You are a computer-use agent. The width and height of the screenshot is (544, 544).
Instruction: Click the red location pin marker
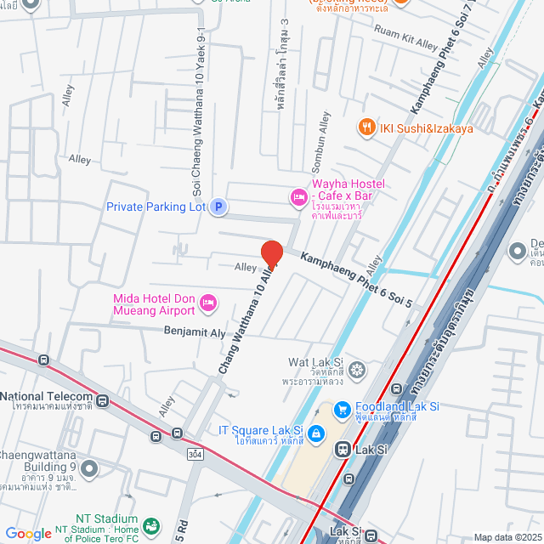(x=271, y=254)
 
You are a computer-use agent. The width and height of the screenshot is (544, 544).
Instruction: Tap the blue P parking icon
(x=218, y=206)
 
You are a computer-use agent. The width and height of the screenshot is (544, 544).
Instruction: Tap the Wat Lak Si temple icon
(x=357, y=370)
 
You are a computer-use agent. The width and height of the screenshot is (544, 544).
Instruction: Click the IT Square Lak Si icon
(x=315, y=435)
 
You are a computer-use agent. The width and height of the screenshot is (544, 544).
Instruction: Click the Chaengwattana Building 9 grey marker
(x=89, y=467)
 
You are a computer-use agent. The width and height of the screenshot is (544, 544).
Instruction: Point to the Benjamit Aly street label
(x=195, y=331)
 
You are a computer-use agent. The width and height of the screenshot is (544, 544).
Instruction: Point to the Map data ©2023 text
(x=507, y=537)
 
